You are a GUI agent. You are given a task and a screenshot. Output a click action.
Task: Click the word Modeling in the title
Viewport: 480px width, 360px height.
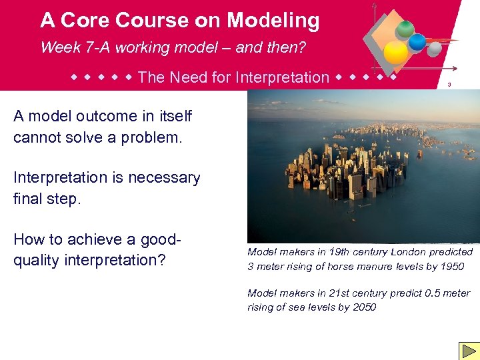point(273,20)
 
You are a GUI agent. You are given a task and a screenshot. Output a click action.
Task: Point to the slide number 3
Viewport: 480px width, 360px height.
point(449,85)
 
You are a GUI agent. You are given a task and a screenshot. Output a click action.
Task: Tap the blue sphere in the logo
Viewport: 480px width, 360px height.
point(417,42)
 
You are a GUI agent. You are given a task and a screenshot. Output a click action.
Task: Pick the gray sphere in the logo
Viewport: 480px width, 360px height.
point(434,49)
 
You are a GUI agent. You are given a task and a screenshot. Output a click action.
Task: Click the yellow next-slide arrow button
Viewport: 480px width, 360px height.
point(468,350)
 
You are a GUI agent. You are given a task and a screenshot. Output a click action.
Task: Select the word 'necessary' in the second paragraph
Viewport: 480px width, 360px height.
point(165,178)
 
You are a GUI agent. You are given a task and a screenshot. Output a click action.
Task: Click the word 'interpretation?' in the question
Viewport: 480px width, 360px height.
point(113,260)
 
